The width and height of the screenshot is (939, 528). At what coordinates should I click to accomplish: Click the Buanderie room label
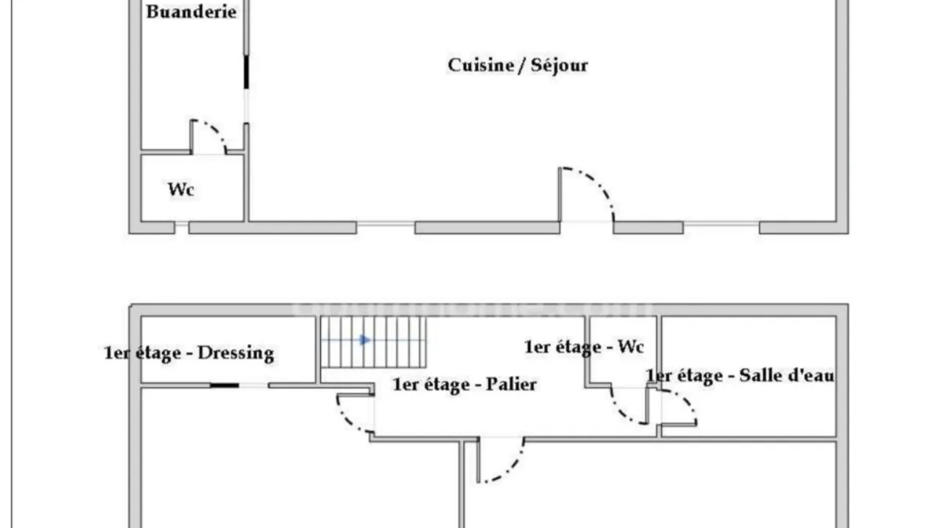coord(191,12)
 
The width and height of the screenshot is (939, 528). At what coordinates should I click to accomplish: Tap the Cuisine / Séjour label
coord(518,66)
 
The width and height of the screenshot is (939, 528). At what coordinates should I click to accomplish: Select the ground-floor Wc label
coord(181,189)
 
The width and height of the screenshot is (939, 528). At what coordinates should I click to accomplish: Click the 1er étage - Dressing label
coord(189,353)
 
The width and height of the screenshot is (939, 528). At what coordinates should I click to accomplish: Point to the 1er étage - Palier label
coord(464,384)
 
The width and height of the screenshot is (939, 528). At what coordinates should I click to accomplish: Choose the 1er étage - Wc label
coord(584,347)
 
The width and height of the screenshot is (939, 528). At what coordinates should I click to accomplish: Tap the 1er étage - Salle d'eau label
coord(740,375)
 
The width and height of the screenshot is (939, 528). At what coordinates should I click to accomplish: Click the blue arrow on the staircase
coord(365,339)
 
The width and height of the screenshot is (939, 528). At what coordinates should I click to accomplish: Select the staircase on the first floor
coord(373,342)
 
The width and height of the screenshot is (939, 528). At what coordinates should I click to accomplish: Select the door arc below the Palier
coord(509,466)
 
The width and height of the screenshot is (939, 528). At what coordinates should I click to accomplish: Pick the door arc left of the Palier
coord(348,419)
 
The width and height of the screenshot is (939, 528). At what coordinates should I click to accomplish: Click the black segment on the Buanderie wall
coord(246,72)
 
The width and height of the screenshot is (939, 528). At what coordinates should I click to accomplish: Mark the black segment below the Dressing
coord(225,385)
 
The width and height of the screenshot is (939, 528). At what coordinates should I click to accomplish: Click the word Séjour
coord(559,66)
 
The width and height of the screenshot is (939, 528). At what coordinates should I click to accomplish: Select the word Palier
coord(512,384)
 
